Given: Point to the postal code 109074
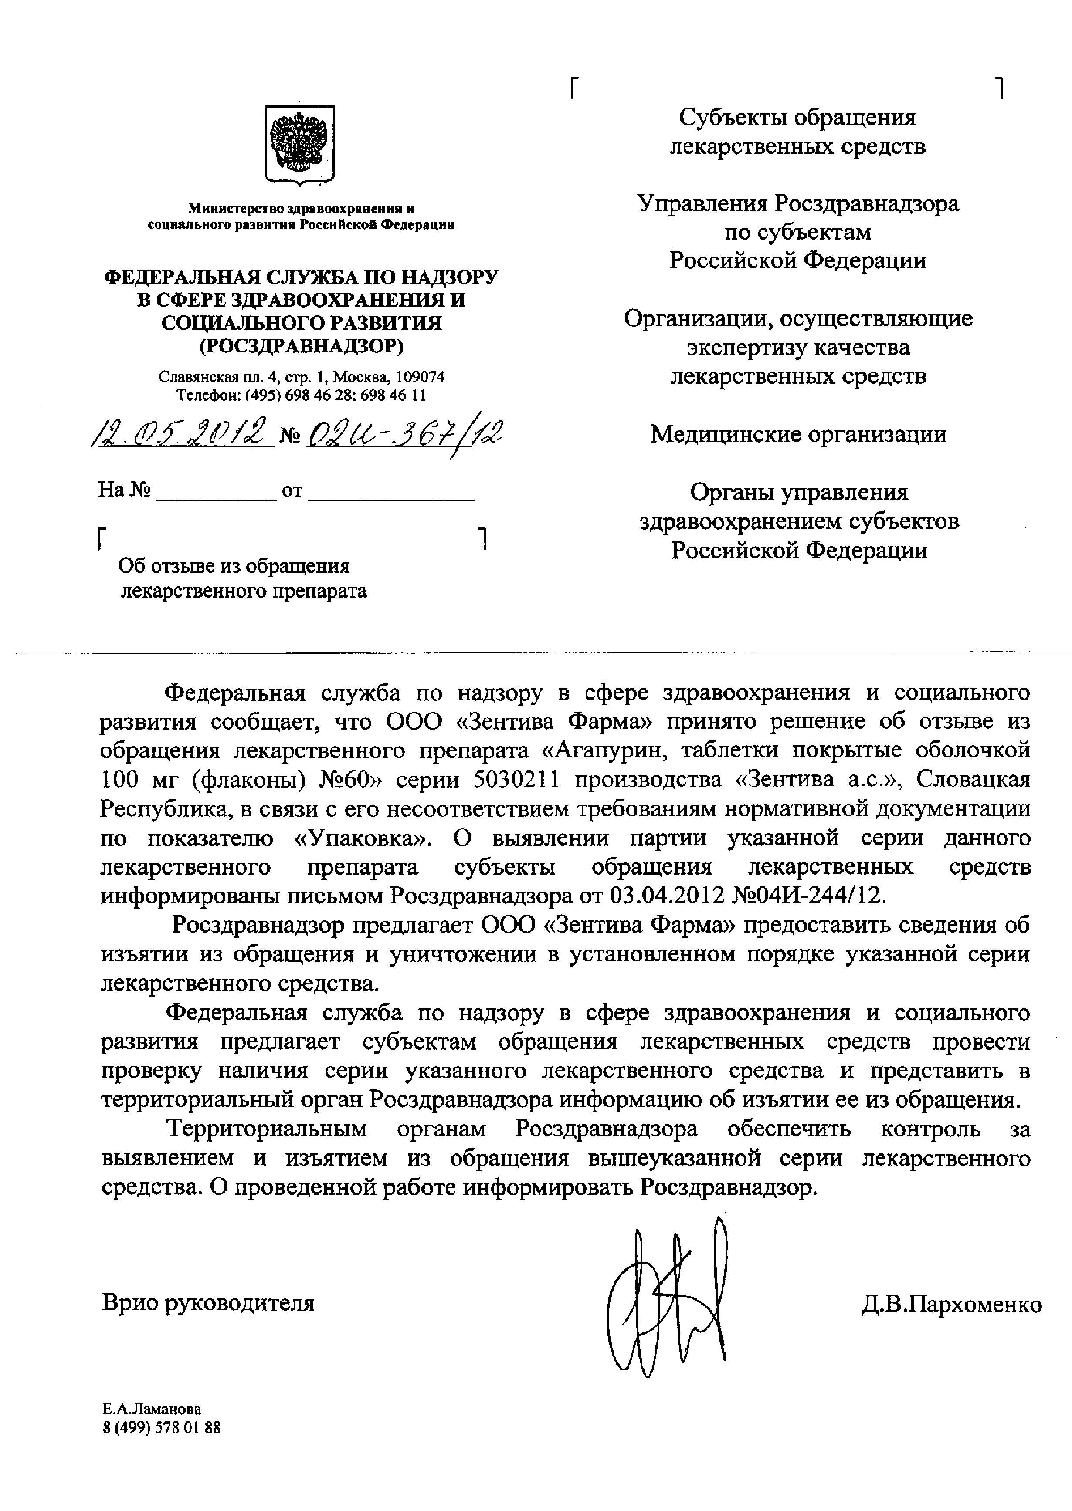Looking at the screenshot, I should tap(421, 377).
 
